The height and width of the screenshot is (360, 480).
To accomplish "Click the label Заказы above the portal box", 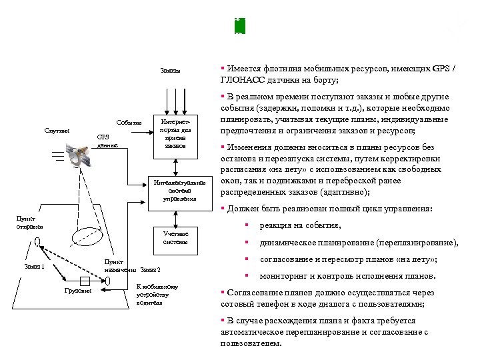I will pos(170,71).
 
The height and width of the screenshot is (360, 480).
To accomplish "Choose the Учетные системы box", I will pos(175,238).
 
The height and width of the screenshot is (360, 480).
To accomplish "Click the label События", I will pos(128,123).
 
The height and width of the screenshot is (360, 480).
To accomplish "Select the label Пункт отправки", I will pos(29,223).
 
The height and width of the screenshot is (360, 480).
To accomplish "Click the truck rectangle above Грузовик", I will pos(84,280).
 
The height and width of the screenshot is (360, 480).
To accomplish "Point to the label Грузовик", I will pos(78,291).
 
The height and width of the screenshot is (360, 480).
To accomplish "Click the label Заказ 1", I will pos(34,266).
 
